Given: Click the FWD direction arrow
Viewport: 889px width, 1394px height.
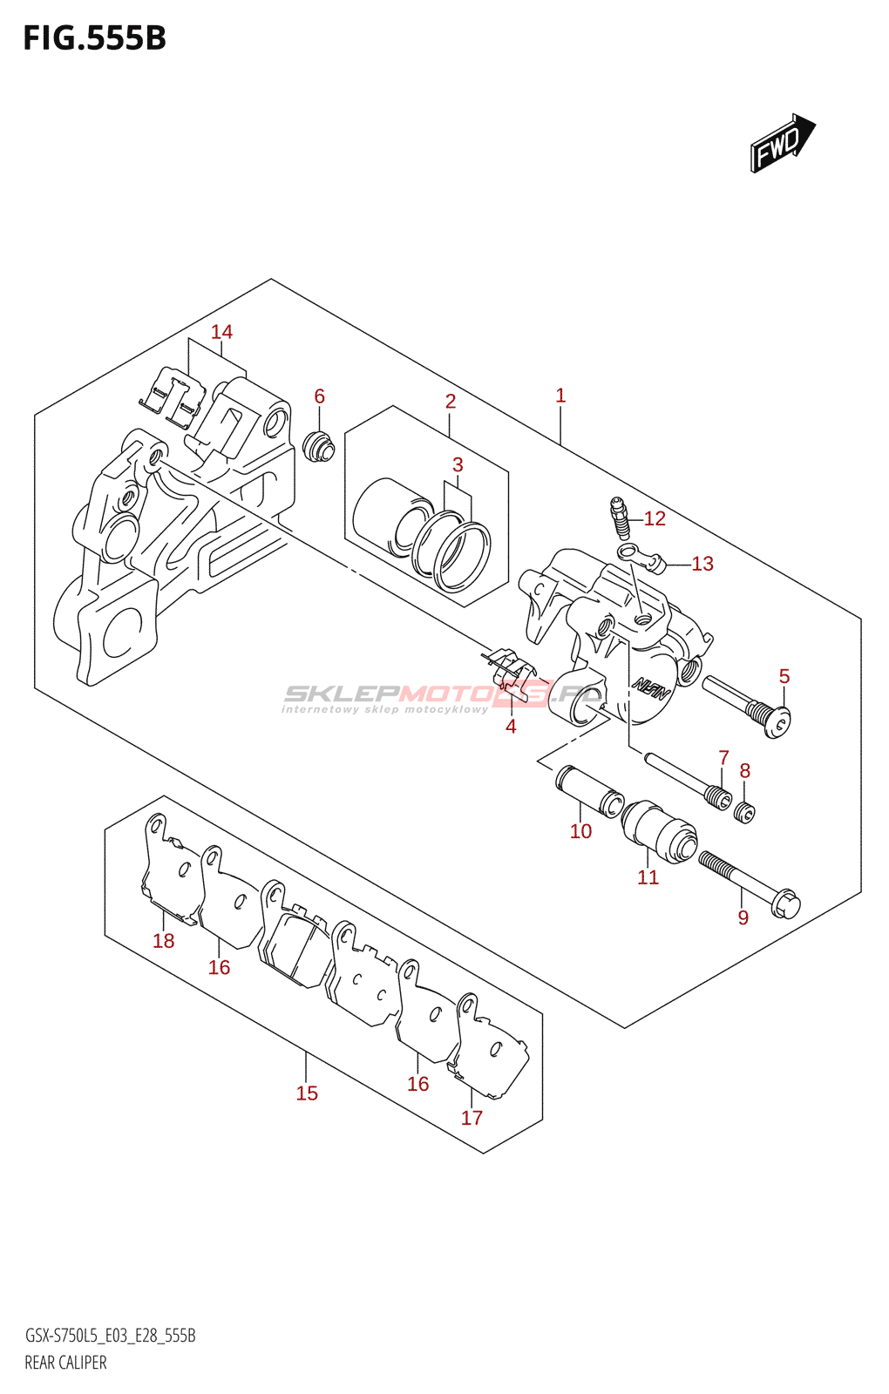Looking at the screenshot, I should pyautogui.click(x=782, y=143).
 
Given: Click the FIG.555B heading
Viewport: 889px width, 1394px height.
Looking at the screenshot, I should pyautogui.click(x=94, y=39).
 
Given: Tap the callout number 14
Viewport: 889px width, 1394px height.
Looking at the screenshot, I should pyautogui.click(x=221, y=332).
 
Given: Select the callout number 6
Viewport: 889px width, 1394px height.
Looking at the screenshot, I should pyautogui.click(x=319, y=396).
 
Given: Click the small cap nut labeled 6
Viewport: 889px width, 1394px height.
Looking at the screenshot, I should pyautogui.click(x=318, y=445).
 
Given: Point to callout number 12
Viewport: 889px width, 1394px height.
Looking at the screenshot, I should pyautogui.click(x=655, y=519).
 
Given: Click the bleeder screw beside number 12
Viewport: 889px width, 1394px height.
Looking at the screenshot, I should pyautogui.click(x=618, y=518).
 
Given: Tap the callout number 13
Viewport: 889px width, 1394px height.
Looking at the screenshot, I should pyautogui.click(x=702, y=565).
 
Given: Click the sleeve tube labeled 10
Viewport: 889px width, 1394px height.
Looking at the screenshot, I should pyautogui.click(x=590, y=789).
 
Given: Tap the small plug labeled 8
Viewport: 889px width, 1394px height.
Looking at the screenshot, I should pyautogui.click(x=744, y=813).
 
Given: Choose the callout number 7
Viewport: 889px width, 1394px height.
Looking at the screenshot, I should pyautogui.click(x=723, y=758).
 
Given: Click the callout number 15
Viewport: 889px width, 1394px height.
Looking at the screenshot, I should pyautogui.click(x=307, y=1093).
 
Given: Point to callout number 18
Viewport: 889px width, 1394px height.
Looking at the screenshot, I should pyautogui.click(x=164, y=941).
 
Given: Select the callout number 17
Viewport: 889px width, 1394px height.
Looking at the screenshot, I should pyautogui.click(x=472, y=1118).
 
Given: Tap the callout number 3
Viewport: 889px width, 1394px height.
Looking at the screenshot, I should pyautogui.click(x=458, y=465).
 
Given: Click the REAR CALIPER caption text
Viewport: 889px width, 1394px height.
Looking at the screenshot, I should pyautogui.click(x=65, y=1363).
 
